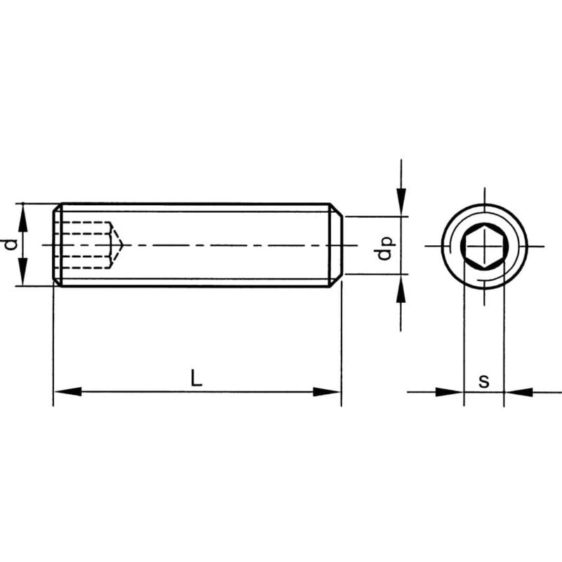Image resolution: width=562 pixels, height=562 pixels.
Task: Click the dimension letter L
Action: point(197,379)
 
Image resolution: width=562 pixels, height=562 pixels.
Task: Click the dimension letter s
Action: point(484,381)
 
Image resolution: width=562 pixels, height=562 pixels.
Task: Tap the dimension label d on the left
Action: point(10,244)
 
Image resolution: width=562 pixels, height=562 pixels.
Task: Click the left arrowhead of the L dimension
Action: point(67,391)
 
